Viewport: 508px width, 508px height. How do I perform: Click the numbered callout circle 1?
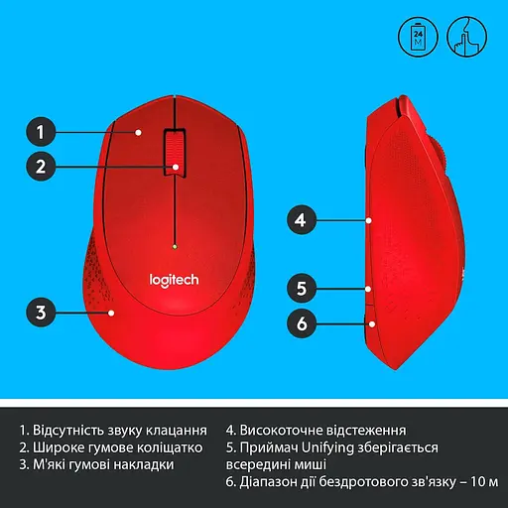point(41,130)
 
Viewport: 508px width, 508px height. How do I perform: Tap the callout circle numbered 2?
point(41,166)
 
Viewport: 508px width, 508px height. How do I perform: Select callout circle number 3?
point(41,313)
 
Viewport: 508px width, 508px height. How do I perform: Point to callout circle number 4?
point(303,220)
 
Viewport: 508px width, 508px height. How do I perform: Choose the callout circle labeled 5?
point(303,289)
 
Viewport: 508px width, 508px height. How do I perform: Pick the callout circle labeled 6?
point(303,321)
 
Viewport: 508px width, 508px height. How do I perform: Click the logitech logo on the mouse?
point(174,280)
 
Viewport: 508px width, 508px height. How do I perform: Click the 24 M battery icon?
point(418,39)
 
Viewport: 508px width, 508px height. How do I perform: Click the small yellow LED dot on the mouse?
point(174,244)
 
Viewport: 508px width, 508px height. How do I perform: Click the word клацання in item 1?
point(175,431)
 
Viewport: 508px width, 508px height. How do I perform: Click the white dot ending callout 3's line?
point(111,313)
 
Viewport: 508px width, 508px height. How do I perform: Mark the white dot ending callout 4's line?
point(368,220)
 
